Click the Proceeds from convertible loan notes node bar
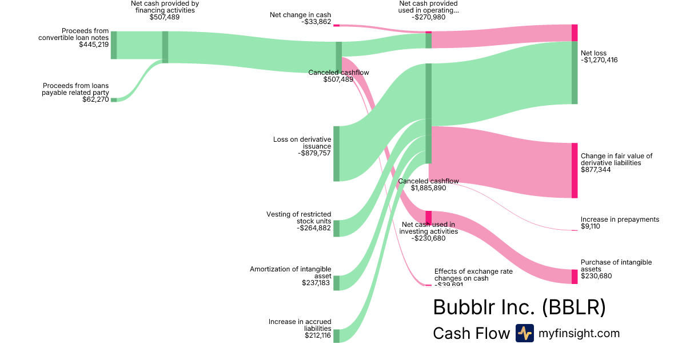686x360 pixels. (114, 45)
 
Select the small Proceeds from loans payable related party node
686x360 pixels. (114, 99)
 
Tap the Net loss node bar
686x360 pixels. (575, 73)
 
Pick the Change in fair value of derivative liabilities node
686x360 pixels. (575, 170)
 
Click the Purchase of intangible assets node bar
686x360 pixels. (575, 277)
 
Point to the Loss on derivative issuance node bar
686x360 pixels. (337, 153)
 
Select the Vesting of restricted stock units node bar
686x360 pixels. (337, 228)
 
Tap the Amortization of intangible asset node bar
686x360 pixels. (337, 282)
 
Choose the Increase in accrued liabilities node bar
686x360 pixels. (337, 335)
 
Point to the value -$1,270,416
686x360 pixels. (599, 59)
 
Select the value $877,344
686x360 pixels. (596, 170)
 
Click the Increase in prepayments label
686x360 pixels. (620, 219)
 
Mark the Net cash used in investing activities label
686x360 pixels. (428, 228)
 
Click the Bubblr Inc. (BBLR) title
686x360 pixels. (519, 307)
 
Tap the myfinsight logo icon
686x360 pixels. (524, 333)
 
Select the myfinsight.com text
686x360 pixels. (579, 333)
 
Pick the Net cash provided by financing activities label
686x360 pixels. (165, 7)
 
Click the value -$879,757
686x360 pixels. (314, 153)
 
